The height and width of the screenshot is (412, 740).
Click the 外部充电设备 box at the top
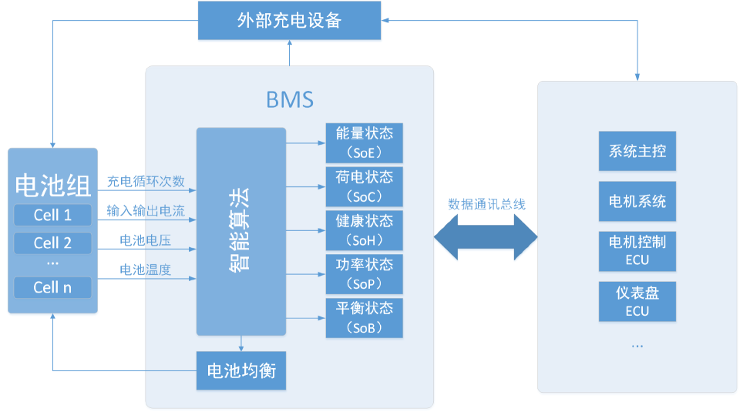click(x=289, y=21)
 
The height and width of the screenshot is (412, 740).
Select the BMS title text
click(x=289, y=99)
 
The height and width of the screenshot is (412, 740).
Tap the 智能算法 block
click(x=240, y=231)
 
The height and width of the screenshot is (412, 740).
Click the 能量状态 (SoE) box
click(x=365, y=142)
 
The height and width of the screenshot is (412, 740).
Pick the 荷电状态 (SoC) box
click(x=365, y=186)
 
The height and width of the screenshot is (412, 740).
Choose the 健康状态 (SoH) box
click(x=365, y=230)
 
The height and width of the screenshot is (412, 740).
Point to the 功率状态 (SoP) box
click(x=365, y=274)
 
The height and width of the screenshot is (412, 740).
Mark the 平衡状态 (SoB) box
click(x=365, y=318)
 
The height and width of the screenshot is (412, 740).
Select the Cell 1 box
click(x=52, y=215)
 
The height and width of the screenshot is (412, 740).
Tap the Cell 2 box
click(x=52, y=243)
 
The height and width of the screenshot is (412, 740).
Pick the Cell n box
click(x=52, y=288)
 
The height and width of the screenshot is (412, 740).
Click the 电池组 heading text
click(x=52, y=185)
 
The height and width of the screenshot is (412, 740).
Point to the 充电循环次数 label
click(x=146, y=182)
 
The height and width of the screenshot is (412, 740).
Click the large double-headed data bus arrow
click(x=486, y=238)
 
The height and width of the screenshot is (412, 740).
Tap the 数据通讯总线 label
click(x=486, y=204)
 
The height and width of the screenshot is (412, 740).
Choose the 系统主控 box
click(x=637, y=152)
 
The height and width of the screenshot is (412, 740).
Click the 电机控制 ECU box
click(x=637, y=250)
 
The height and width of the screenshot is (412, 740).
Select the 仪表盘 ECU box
click(x=637, y=301)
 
